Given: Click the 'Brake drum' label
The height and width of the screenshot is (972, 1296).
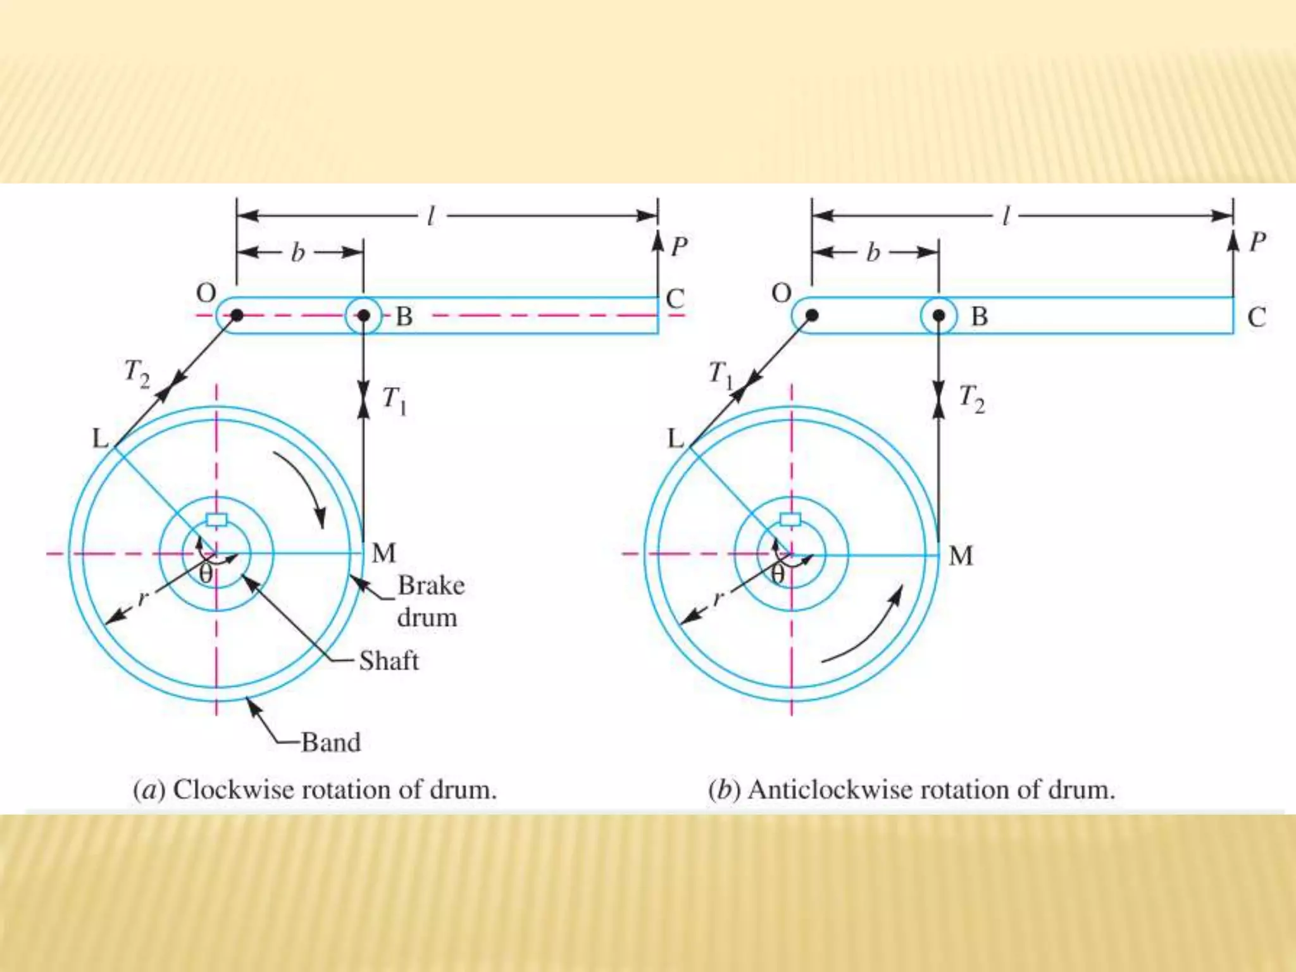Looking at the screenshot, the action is (430, 601).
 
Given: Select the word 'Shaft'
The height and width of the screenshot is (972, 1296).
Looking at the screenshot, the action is (389, 661).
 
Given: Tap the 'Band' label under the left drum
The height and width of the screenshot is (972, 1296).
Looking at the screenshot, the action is (330, 742).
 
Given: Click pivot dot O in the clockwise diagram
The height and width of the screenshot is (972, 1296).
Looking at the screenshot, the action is (237, 315).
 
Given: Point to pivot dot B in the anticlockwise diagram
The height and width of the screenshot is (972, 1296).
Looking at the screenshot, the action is (938, 315).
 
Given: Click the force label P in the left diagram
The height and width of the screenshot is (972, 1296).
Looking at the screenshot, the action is (678, 246).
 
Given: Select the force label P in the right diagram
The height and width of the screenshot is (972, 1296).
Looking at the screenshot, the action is (1257, 242).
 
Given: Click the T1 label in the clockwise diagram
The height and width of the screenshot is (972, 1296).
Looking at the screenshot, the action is (394, 400).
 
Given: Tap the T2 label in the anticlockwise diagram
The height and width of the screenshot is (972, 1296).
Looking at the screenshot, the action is (971, 399).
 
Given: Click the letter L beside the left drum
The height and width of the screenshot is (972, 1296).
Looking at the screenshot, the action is (101, 438).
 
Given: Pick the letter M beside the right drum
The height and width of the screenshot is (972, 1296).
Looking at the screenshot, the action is (961, 556).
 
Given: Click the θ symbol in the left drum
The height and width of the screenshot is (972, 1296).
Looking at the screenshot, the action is (206, 575).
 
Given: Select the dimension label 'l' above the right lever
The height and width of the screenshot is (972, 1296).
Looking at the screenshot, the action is (1006, 217).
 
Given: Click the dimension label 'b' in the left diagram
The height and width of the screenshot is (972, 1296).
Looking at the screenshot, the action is (297, 253).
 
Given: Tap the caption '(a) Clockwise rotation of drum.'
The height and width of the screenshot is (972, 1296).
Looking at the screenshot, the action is (315, 790).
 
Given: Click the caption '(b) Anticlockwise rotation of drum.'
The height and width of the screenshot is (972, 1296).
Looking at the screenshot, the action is (911, 790).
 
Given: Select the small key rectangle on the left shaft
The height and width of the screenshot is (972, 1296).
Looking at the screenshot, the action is (216, 520).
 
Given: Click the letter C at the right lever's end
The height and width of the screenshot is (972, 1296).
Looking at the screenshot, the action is (1256, 316).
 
